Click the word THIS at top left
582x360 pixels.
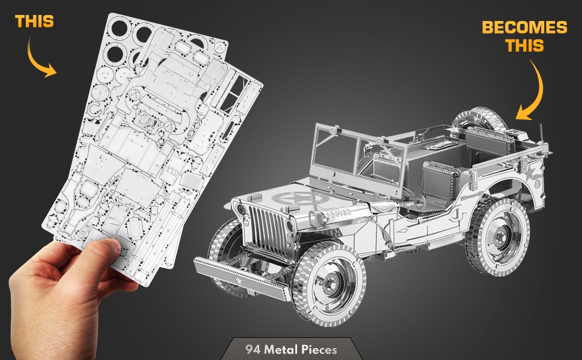34,22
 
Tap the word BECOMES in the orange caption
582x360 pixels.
524,27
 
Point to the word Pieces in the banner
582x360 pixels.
319,350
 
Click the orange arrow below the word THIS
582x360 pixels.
39,59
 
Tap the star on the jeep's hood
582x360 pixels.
300,199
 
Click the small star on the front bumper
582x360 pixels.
239,281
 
